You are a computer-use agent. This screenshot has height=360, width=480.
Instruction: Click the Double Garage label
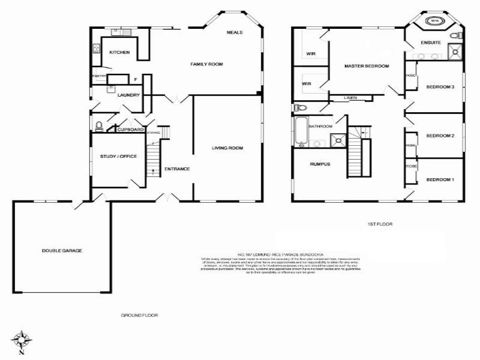[62, 250]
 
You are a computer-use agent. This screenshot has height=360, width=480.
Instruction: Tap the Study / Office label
[119, 157]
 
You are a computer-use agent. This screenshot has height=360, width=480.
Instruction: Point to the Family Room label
[203, 64]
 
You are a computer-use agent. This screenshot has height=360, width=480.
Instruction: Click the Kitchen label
[119, 53]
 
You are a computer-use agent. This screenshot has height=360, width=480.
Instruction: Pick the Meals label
[235, 32]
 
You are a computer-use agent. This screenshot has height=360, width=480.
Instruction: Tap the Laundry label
[128, 95]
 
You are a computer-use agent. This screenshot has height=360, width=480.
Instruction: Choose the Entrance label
[177, 169]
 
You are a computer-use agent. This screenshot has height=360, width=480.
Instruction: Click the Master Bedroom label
[367, 66]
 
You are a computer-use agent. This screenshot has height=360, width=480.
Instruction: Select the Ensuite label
[431, 43]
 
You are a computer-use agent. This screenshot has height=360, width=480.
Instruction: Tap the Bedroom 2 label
[440, 136]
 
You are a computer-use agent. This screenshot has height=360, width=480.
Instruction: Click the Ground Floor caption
[139, 314]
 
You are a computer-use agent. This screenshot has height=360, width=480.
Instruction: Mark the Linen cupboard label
[351, 97]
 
